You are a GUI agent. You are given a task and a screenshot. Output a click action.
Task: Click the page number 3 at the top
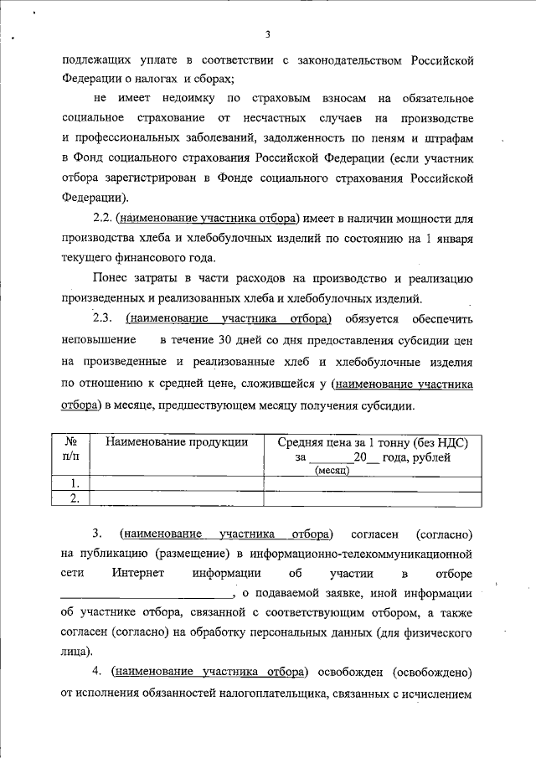tap(267, 34)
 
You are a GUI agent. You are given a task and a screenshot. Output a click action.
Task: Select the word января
tap(451, 238)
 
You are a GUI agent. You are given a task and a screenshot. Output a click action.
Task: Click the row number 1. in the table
tap(75, 483)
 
